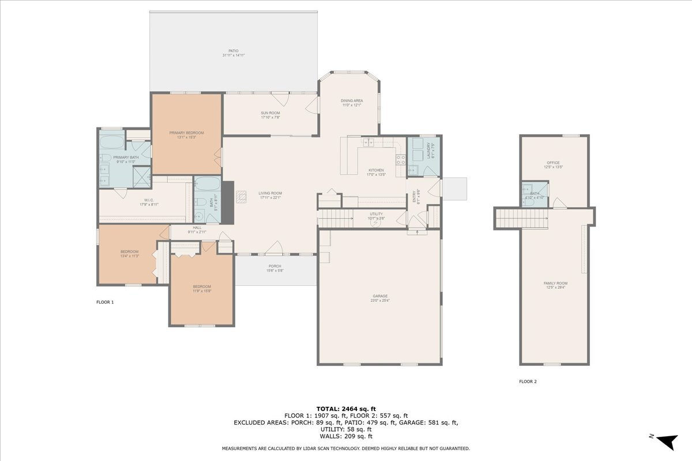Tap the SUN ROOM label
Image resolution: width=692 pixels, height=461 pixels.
tap(270, 113)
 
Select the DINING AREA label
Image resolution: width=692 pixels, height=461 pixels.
tap(352, 101)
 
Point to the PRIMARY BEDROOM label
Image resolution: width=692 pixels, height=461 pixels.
tap(186, 133)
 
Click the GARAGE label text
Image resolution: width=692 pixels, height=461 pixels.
tap(379, 296)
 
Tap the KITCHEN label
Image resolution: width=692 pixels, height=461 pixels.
tap(376, 171)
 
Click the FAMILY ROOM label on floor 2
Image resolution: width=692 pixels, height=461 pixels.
tap(555, 283)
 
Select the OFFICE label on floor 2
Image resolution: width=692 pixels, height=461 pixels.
tap(553, 163)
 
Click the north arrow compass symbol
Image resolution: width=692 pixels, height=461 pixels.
tap(667, 441)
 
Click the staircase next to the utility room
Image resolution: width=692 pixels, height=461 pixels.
tap(336, 219)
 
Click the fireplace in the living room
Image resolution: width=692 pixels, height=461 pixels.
tap(228, 202)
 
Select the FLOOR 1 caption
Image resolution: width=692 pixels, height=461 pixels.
tap(105, 302)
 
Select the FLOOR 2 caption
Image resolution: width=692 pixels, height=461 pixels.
tap(528, 381)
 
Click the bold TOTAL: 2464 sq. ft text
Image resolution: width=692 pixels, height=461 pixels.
tap(346, 409)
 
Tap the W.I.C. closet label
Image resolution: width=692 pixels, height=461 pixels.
tap(148, 202)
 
